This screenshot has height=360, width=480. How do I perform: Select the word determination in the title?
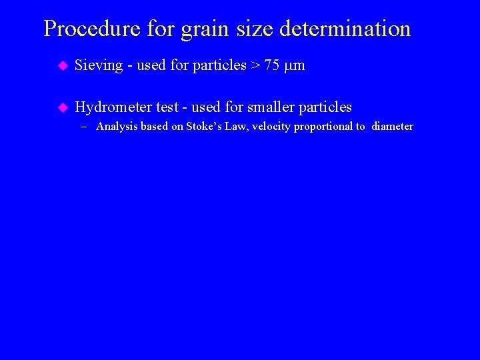click(345, 29)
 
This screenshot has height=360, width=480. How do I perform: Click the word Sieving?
click(99, 65)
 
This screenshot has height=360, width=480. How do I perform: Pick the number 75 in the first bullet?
click(272, 65)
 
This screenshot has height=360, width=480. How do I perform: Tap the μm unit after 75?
click(294, 66)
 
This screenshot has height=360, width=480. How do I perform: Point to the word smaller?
click(271, 107)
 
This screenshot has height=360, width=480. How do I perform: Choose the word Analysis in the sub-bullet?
click(117, 127)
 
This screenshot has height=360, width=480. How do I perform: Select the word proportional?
click(326, 127)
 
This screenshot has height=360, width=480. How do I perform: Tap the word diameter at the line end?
click(393, 127)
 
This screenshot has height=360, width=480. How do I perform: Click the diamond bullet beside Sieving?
click(63, 65)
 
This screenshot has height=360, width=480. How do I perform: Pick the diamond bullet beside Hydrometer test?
click(63, 107)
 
